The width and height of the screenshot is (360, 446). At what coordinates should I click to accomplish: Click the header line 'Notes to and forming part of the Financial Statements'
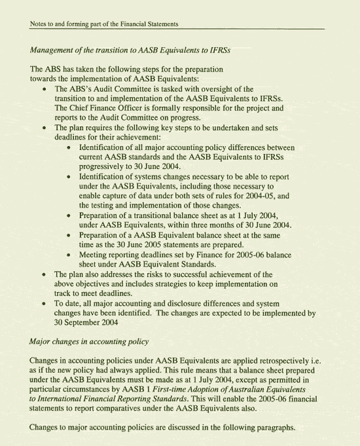click(x=105, y=24)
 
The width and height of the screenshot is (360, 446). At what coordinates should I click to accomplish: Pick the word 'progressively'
click(x=105, y=166)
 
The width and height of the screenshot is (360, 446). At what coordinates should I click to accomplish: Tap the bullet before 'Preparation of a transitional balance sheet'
click(x=69, y=216)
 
